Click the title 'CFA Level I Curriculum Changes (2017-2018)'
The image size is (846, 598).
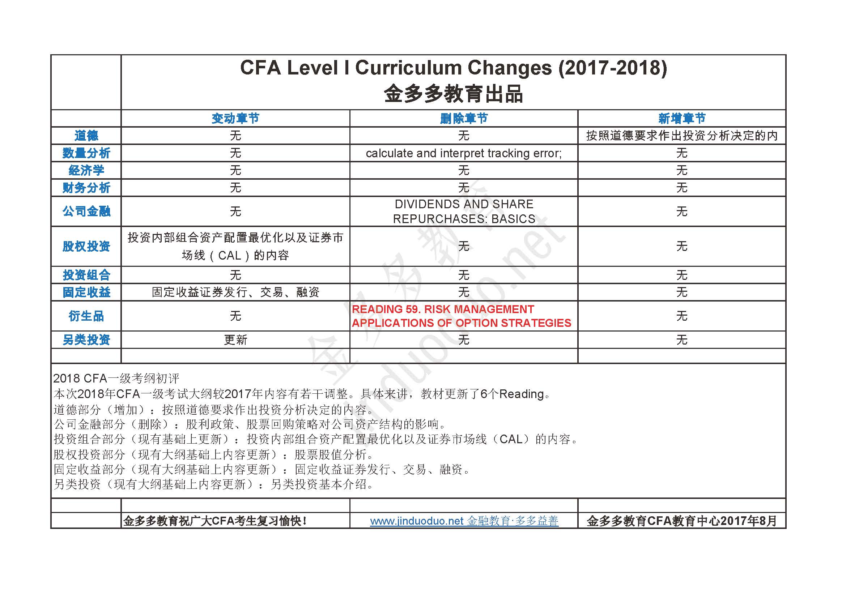[453, 68]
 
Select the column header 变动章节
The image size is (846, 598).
[235, 119]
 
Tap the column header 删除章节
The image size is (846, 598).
[464, 119]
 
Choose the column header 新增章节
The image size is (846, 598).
[682, 119]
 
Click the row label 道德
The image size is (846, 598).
[86, 136]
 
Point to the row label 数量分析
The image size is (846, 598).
[86, 153]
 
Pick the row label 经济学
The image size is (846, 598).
[86, 171]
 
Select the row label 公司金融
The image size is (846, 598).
[86, 212]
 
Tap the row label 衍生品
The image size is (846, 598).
[86, 316]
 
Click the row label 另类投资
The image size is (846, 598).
[86, 340]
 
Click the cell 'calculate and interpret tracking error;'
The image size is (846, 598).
[464, 153]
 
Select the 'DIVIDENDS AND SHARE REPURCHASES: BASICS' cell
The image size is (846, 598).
[464, 212]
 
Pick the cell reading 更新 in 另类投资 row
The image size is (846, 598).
[235, 340]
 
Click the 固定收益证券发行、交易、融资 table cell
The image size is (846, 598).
[235, 292]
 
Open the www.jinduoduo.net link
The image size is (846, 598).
[417, 521]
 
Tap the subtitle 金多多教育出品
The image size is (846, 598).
[453, 94]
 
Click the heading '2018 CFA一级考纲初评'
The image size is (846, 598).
[116, 379]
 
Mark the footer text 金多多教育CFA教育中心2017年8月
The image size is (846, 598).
[682, 521]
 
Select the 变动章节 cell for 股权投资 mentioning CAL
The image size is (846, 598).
[235, 246]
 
